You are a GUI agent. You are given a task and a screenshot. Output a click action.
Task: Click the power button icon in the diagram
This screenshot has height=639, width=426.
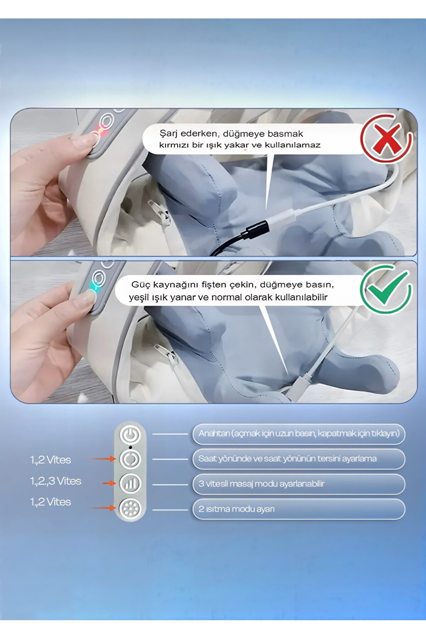tap(130, 434)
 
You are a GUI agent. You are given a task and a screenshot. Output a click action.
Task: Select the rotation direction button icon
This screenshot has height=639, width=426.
tap(130, 459)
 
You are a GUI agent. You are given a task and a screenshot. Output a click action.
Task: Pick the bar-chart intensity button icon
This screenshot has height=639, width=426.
tap(130, 484)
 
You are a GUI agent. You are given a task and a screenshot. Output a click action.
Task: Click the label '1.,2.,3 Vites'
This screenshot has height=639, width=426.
tap(56, 481)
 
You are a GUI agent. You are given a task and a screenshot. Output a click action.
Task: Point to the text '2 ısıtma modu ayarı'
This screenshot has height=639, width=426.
tap(237, 509)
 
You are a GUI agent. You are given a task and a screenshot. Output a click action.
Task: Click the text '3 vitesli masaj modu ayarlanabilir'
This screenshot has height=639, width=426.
tap(261, 484)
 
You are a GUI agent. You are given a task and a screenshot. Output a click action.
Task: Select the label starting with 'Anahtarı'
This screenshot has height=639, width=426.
tap(299, 434)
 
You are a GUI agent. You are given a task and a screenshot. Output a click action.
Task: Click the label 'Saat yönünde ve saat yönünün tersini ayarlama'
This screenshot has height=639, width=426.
tap(287, 459)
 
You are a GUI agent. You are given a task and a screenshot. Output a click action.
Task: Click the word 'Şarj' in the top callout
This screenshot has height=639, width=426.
tap(168, 134)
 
